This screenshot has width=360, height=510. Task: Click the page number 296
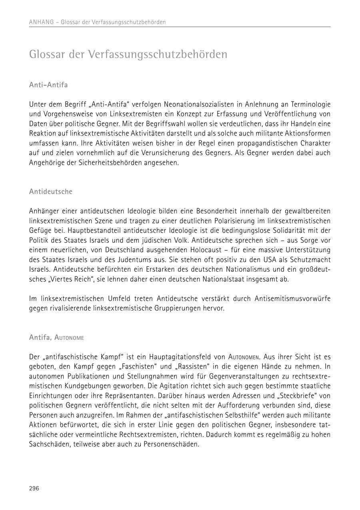click(x=34, y=488)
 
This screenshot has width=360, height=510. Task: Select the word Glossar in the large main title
click(x=47, y=54)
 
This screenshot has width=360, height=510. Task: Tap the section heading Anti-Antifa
click(x=48, y=85)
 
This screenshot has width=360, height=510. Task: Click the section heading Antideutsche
click(x=51, y=191)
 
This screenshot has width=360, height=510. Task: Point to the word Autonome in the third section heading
click(x=69, y=338)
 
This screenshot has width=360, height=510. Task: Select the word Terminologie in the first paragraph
click(x=310, y=104)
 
